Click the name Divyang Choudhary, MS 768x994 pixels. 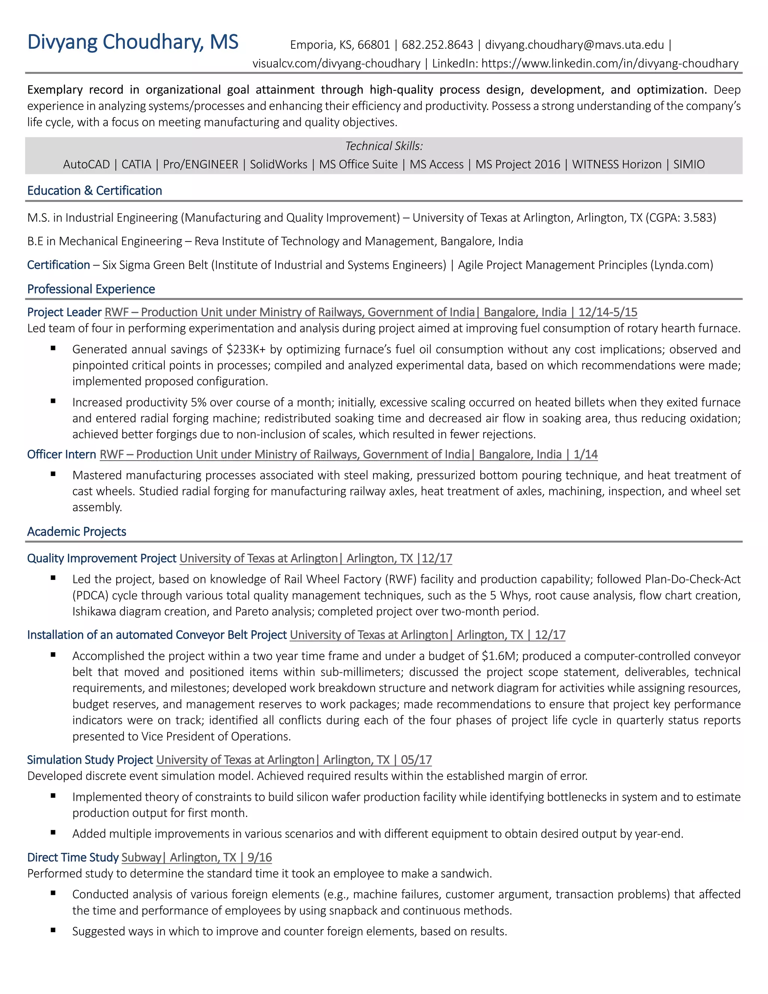pyautogui.click(x=132, y=42)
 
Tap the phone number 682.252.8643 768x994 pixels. pyautogui.click(x=437, y=45)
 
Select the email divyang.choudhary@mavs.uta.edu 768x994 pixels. pyautogui.click(x=574, y=45)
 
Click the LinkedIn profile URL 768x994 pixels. pyautogui.click(x=610, y=63)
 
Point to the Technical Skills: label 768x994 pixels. pyautogui.click(x=384, y=146)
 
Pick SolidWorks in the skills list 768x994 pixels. pyautogui.click(x=279, y=164)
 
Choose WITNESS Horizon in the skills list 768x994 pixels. pyautogui.click(x=616, y=164)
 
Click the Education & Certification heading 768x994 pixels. pyautogui.click(x=94, y=191)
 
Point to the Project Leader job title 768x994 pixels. pyautogui.click(x=64, y=312)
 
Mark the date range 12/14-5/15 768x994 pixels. pyautogui.click(x=607, y=312)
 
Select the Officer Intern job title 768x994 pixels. pyautogui.click(x=61, y=454)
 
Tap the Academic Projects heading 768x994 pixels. pyautogui.click(x=76, y=532)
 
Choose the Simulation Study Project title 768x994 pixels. pyautogui.click(x=90, y=760)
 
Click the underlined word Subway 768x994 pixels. pyautogui.click(x=141, y=857)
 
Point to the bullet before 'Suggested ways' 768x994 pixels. pyautogui.click(x=53, y=930)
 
